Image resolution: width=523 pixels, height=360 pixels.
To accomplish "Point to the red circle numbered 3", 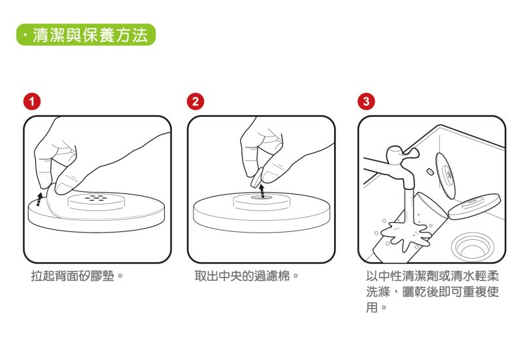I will click(367, 101).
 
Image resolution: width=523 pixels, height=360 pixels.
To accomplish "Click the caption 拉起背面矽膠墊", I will click(77, 276).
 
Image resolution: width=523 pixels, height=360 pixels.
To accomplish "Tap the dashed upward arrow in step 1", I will click(39, 198).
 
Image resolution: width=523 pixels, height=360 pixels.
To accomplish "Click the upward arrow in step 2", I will click(261, 189).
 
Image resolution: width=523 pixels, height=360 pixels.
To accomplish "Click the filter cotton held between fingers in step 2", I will click(257, 175).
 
